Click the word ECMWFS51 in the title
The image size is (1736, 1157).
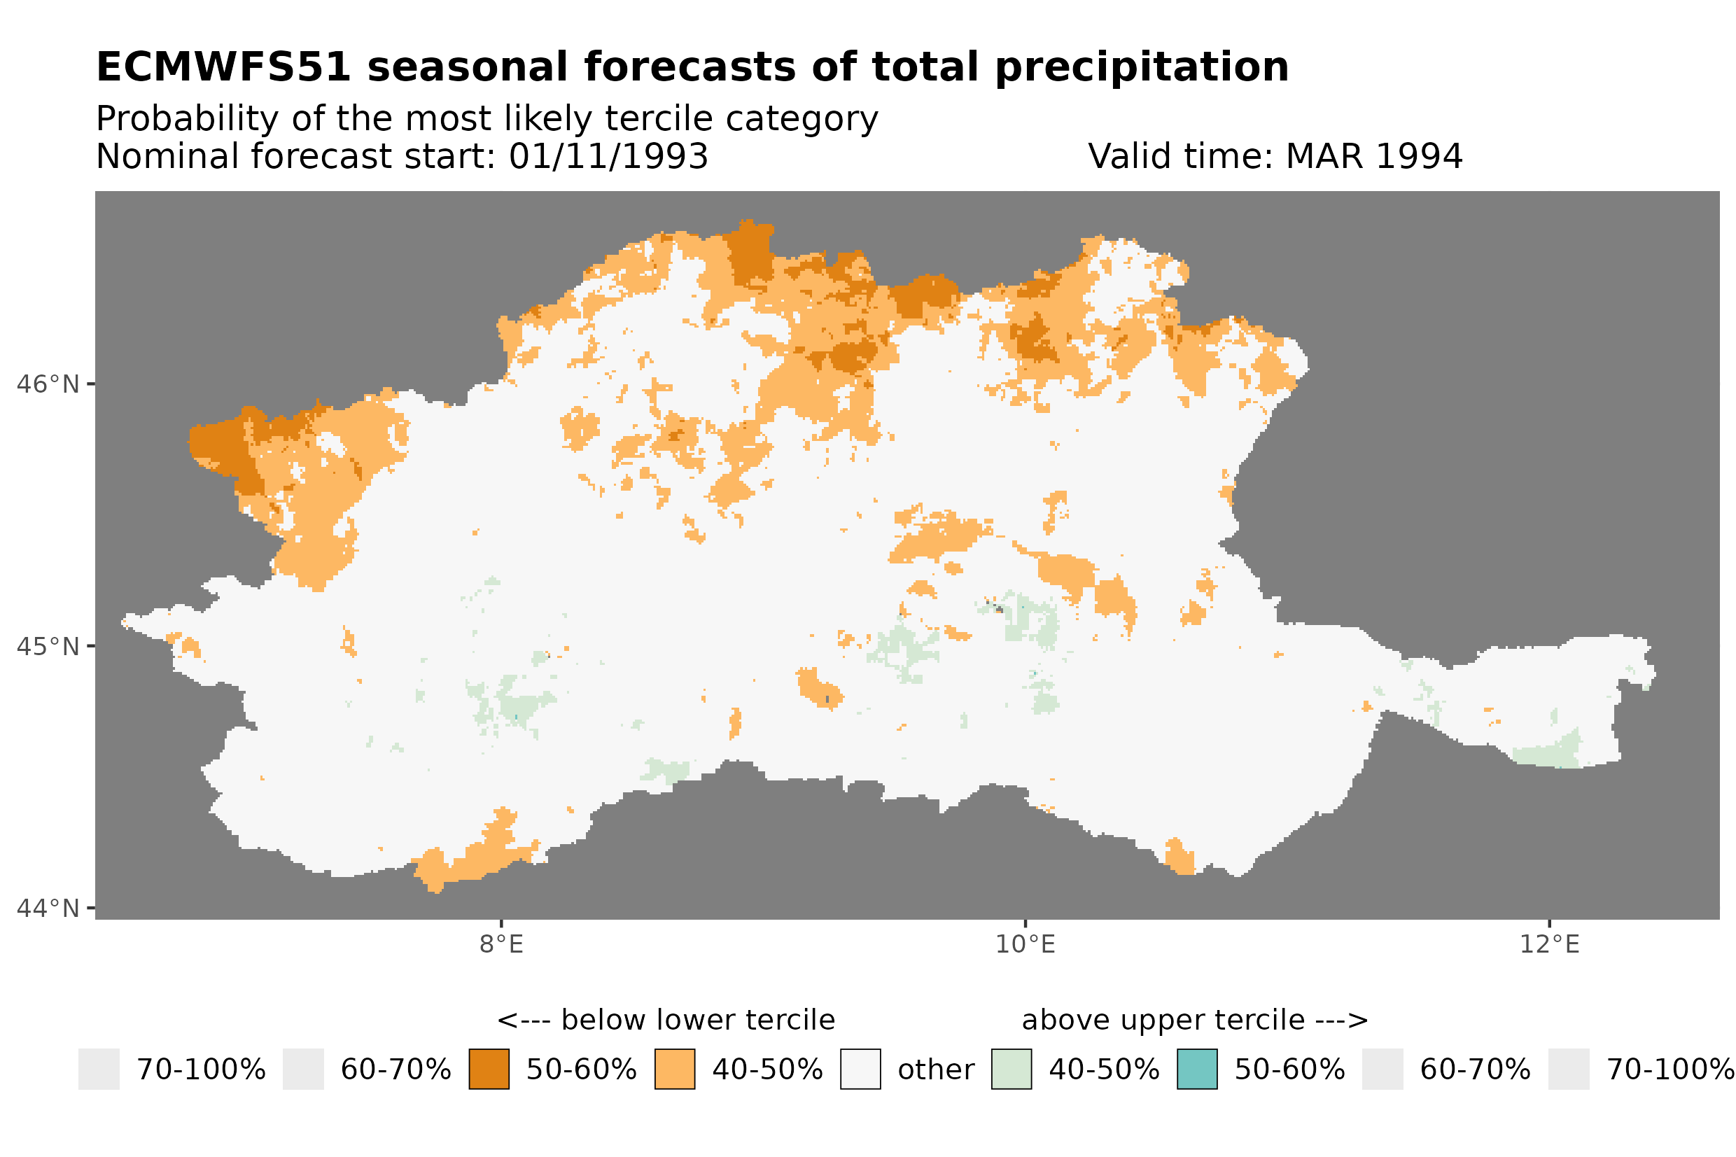point(223,67)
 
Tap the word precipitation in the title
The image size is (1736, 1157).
point(1140,67)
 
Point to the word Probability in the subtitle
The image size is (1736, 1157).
point(188,119)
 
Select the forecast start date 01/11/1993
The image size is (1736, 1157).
point(608,156)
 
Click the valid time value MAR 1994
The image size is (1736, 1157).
point(1373,156)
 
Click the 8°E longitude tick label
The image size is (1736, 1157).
point(502,944)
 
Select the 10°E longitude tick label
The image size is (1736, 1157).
point(1025,944)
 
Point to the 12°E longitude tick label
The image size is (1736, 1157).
point(1549,944)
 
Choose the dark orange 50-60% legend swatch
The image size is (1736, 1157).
point(489,1068)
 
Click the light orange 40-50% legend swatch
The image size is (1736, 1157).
point(674,1068)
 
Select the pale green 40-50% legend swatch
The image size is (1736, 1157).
point(1011,1068)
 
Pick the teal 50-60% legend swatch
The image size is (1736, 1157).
point(1197,1068)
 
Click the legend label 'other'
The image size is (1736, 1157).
point(935,1070)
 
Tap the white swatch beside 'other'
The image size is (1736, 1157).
point(860,1068)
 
